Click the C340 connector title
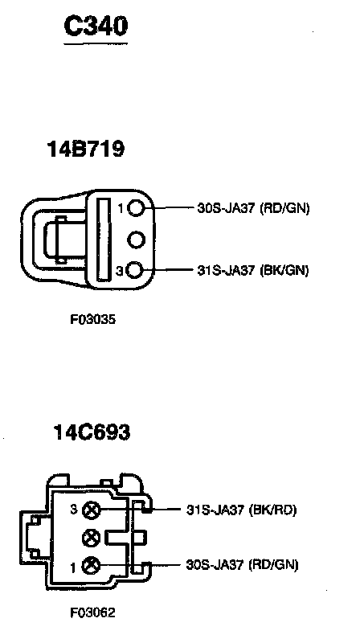pyautogui.click(x=96, y=27)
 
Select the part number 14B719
pyautogui.click(x=86, y=149)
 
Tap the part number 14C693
pyautogui.click(x=92, y=432)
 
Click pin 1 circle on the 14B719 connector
pyautogui.click(x=135, y=209)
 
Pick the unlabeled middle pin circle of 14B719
pyautogui.click(x=135, y=240)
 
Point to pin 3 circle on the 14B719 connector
pyautogui.click(x=135, y=270)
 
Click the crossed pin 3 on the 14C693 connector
pyautogui.click(x=91, y=510)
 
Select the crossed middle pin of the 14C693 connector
pyautogui.click(x=91, y=537)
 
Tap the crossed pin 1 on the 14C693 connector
pyautogui.click(x=91, y=567)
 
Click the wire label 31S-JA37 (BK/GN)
pyautogui.click(x=252, y=271)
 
